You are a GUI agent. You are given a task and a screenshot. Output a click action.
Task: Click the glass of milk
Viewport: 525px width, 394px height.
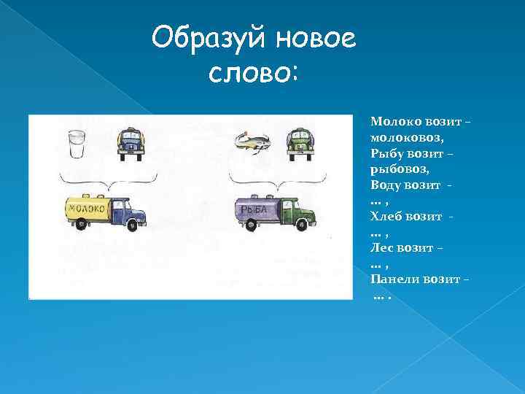click(76, 144)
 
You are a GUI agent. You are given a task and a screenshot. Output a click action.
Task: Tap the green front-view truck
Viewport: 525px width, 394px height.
click(300, 141)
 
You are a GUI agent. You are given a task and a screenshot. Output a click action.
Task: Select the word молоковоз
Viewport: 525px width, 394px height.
click(406, 136)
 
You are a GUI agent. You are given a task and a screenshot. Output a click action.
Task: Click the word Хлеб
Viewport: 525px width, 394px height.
click(386, 216)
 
